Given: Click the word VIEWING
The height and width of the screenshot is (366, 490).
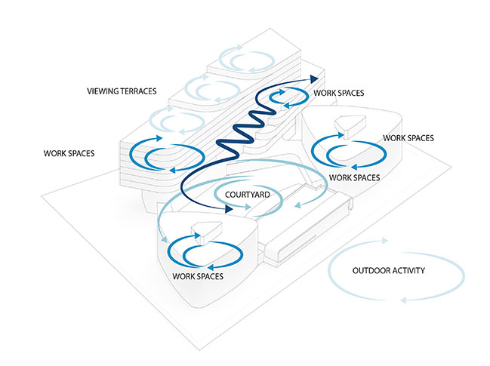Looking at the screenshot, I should [x=102, y=91].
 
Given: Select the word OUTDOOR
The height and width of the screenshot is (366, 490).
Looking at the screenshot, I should [x=370, y=271].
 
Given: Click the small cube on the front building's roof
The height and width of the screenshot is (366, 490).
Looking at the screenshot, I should [x=200, y=232].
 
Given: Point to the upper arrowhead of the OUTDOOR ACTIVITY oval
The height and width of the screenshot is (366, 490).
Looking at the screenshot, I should [x=387, y=241].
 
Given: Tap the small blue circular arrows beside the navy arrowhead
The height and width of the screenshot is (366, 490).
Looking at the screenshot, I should [x=287, y=99].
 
